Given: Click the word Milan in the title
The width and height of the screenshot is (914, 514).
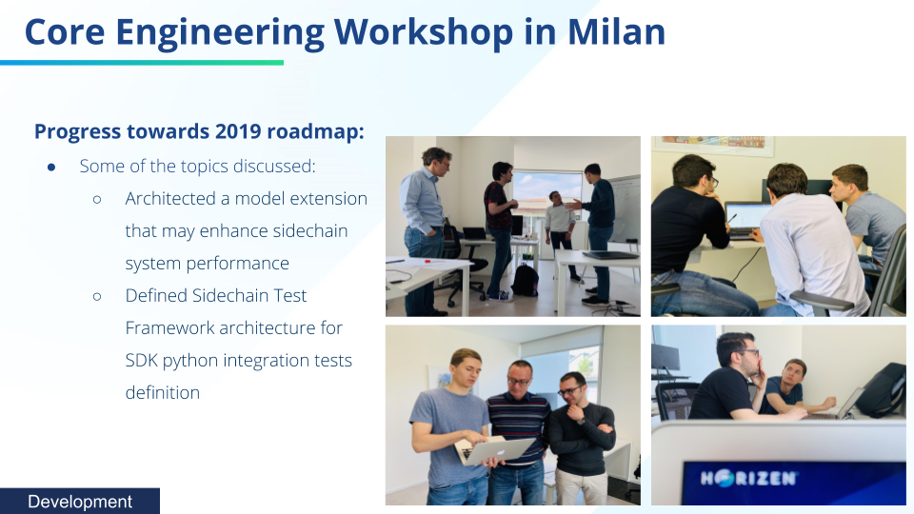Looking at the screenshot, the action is [616, 31].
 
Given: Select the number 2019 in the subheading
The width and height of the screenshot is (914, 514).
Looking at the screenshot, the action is [238, 131].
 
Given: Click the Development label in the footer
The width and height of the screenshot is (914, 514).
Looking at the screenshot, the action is [80, 502].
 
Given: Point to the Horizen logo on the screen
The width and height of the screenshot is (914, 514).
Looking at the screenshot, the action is [748, 479].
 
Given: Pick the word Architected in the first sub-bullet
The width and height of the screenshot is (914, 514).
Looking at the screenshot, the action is [170, 199].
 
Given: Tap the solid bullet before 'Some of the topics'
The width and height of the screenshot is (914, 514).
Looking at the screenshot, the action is [51, 168].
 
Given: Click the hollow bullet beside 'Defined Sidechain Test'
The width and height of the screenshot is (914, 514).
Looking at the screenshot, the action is [97, 297].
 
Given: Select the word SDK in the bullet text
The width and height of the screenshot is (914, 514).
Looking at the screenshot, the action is [141, 360].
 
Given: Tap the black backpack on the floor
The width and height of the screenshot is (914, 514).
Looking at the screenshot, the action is [525, 280].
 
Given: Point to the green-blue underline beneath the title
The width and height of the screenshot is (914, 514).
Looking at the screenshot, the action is [142, 63].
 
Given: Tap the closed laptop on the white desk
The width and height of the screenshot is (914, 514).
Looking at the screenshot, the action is [609, 255].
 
